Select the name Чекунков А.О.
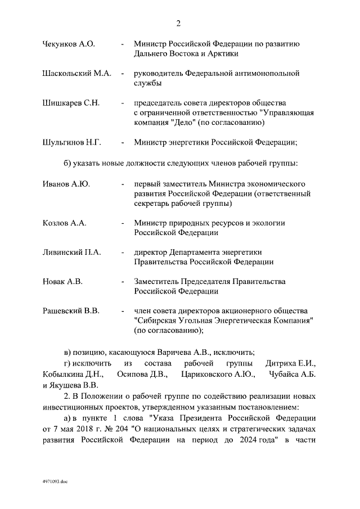pyautogui.click(x=69, y=44)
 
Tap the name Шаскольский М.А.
pyautogui.click(x=77, y=74)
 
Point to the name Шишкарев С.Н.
pyautogui.click(x=71, y=103)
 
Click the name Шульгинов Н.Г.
pyautogui.click(x=71, y=142)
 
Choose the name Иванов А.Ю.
pyautogui.click(x=66, y=183)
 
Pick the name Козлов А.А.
pyautogui.click(x=64, y=223)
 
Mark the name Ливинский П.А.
pyautogui.click(x=71, y=252)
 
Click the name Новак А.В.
pyautogui.click(x=62, y=281)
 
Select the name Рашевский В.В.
pyautogui.click(x=71, y=310)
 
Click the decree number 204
pyautogui.click(x=123, y=429)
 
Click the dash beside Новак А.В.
pyautogui.click(x=123, y=281)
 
